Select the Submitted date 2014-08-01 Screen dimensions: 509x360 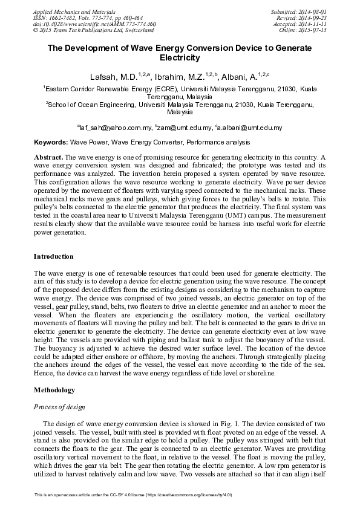[313, 11]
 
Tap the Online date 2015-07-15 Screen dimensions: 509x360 [313, 29]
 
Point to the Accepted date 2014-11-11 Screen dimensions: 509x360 [313, 23]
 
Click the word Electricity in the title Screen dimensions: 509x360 [179, 59]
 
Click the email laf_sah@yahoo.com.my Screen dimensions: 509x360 [116, 128]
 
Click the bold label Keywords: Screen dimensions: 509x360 [50, 143]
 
